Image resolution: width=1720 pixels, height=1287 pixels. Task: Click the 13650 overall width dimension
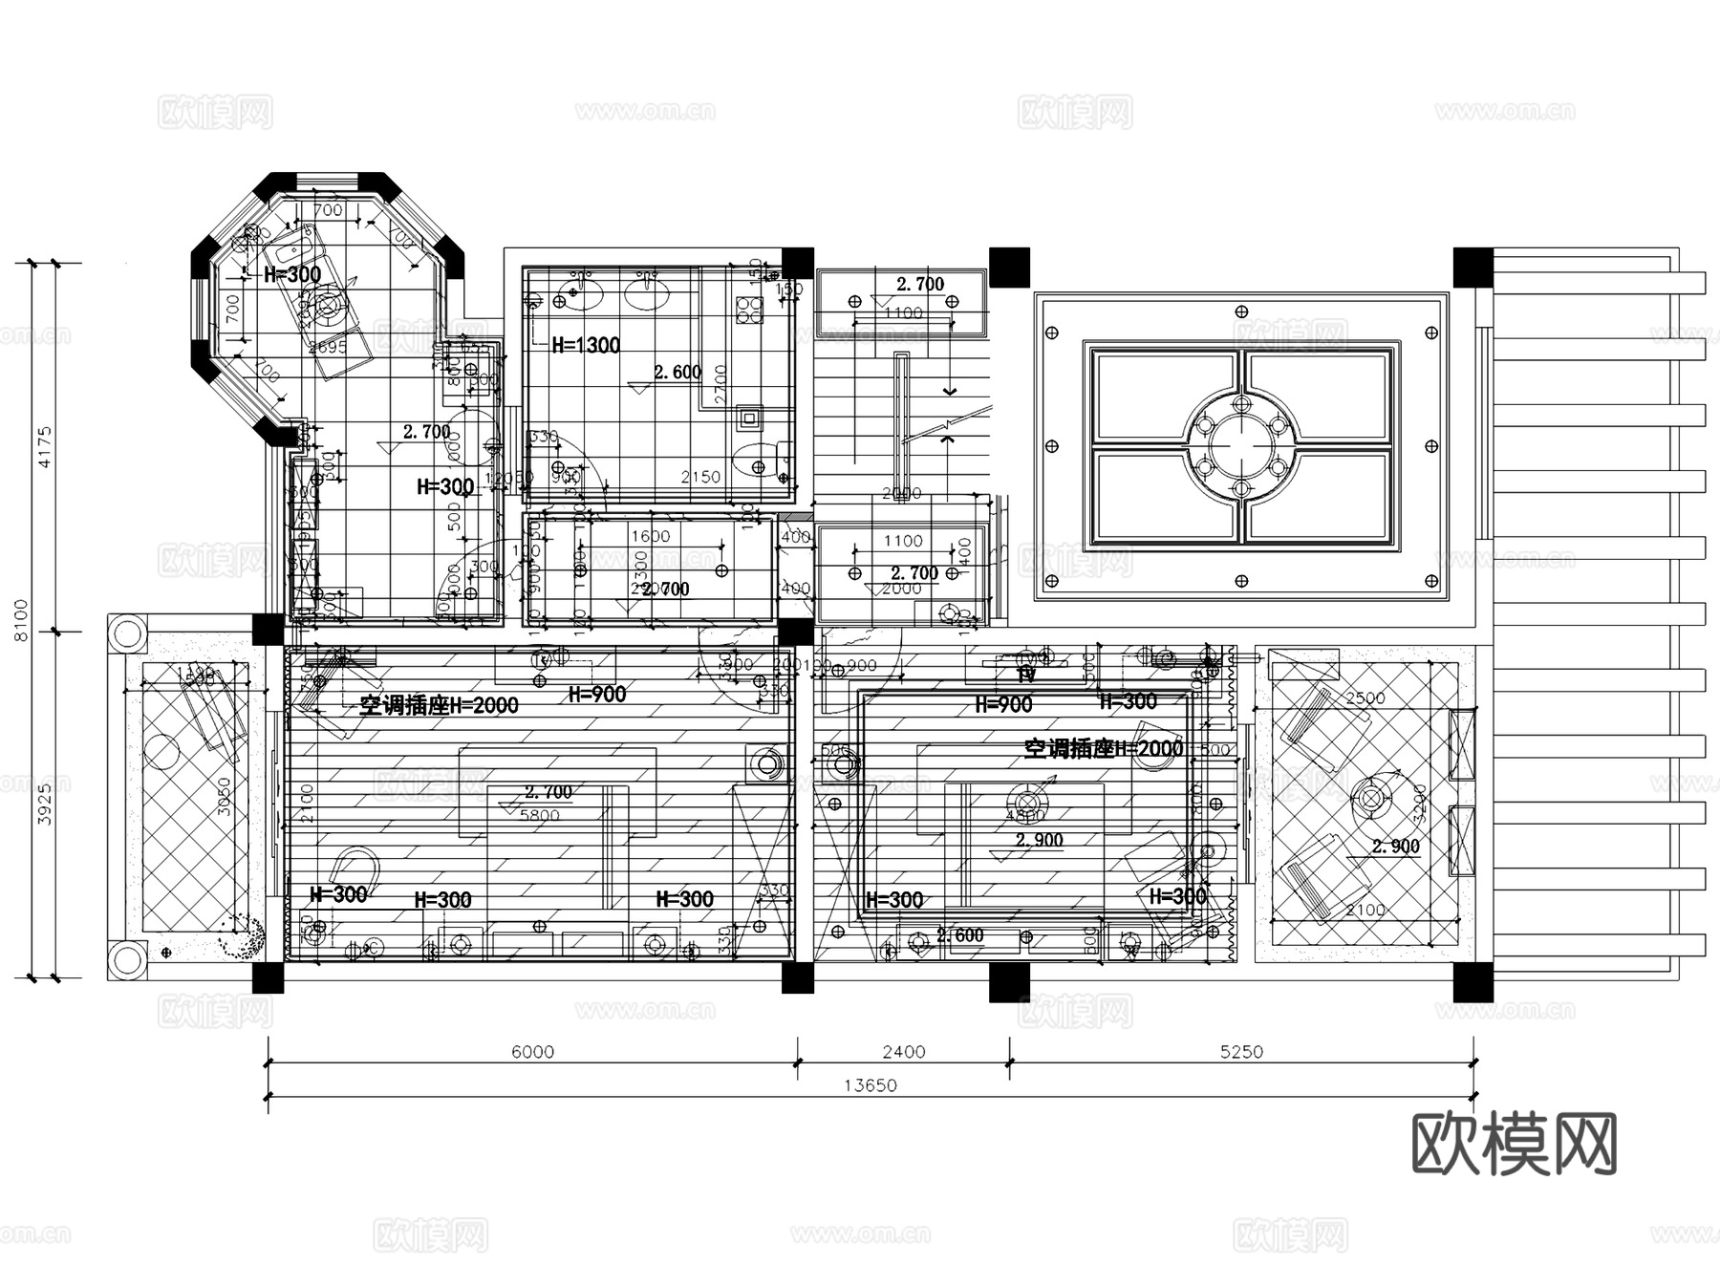point(870,1085)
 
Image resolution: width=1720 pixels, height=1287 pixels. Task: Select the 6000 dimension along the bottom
point(532,1052)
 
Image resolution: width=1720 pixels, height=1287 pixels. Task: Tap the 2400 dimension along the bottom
point(903,1052)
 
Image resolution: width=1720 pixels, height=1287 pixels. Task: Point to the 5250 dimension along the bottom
point(1240,1052)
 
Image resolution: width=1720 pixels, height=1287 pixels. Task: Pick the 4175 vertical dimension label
point(44,446)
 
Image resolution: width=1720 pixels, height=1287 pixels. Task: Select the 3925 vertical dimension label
point(44,804)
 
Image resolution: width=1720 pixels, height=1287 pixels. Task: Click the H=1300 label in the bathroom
point(586,345)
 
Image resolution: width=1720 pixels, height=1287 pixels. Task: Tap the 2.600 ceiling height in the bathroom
point(677,372)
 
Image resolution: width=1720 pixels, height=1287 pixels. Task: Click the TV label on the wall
point(1026,675)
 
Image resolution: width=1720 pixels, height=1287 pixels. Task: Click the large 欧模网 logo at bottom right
point(1514,1143)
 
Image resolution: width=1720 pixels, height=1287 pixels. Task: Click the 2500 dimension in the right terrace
point(1365,697)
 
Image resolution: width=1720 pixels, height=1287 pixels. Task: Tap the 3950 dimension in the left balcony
point(226,797)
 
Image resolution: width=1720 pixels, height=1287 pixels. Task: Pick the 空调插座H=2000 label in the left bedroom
point(439,705)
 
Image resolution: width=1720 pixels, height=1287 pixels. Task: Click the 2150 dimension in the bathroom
point(699,476)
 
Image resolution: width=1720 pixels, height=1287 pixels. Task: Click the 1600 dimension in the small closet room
point(650,536)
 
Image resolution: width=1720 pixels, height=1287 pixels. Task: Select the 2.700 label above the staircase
point(919,284)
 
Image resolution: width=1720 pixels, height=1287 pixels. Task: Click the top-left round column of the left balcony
point(126,633)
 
